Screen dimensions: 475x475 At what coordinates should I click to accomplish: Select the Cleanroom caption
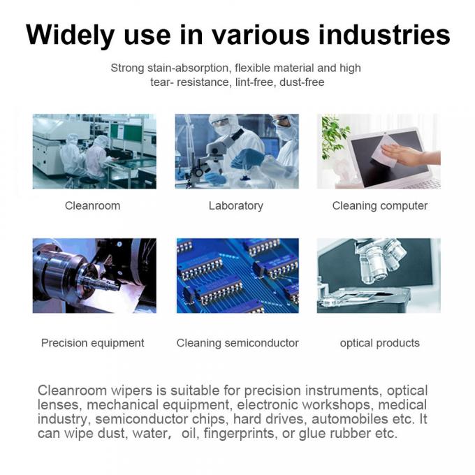click(92, 205)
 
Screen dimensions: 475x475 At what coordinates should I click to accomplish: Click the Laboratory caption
click(235, 205)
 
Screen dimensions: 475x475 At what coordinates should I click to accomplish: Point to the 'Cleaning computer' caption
click(379, 205)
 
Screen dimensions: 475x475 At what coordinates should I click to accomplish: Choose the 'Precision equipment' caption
click(92, 343)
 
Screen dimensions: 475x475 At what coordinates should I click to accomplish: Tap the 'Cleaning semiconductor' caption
click(237, 343)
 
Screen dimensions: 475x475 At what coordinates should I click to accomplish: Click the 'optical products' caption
click(379, 343)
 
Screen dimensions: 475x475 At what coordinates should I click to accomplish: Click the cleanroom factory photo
click(94, 151)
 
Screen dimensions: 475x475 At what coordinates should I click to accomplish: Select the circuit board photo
click(237, 275)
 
